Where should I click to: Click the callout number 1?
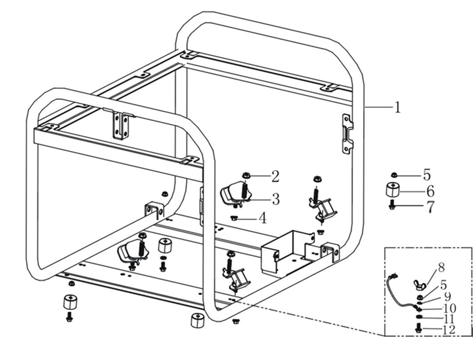tap(397, 108)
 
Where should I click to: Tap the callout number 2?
tap(275, 176)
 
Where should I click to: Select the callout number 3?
tap(276, 199)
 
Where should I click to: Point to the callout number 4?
tap(263, 218)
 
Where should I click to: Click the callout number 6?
tap(430, 191)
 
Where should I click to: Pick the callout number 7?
tap(430, 207)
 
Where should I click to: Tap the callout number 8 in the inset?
tap(441, 268)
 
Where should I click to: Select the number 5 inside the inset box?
tap(443, 285)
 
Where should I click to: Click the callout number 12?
tap(448, 330)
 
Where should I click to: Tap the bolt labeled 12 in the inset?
tap(419, 329)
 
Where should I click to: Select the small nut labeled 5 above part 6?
tap(393, 175)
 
